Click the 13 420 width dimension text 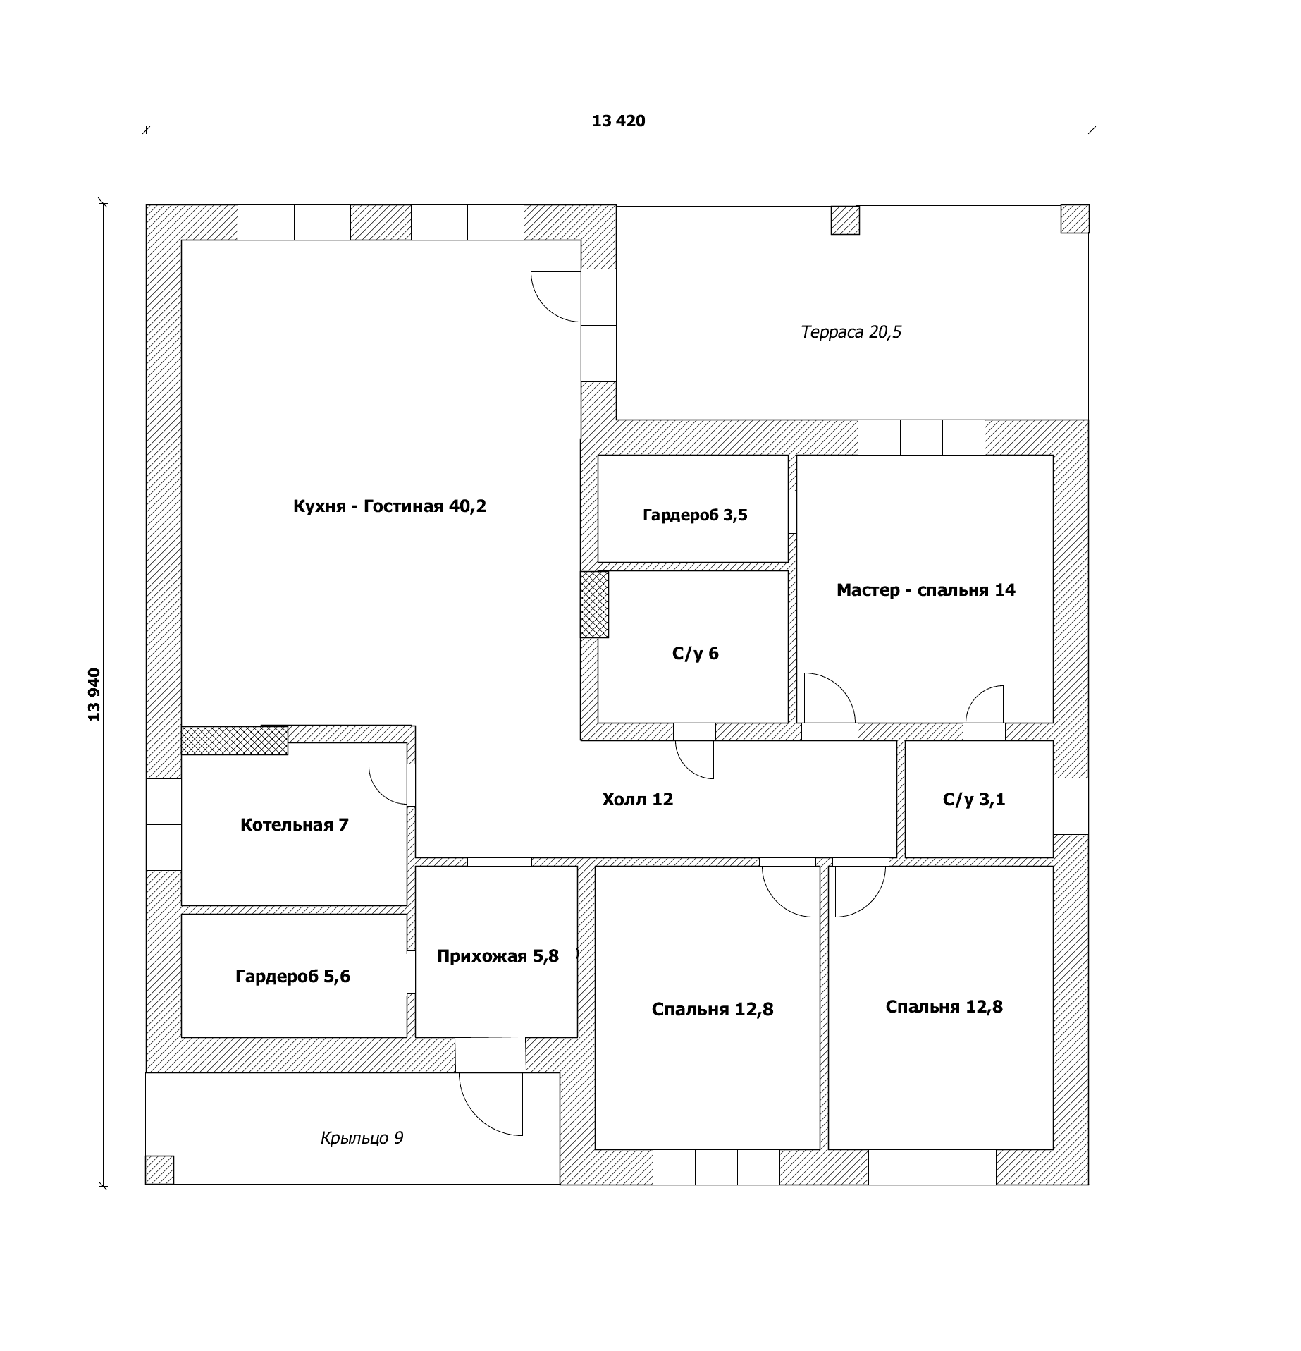point(618,121)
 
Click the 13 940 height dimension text point(94,695)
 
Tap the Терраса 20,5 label point(851,331)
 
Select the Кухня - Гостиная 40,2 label point(390,506)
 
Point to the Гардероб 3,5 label point(695,515)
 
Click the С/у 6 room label point(695,654)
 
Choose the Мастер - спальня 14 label point(925,590)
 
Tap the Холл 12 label point(638,799)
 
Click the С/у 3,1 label point(974,800)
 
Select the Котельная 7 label point(295,825)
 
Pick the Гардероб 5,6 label point(292,977)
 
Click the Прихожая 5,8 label point(498,956)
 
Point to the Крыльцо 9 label point(362,1138)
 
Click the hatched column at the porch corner point(159,1170)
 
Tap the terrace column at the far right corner point(1075,219)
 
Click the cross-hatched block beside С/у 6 point(594,604)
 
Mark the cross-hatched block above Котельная point(235,740)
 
